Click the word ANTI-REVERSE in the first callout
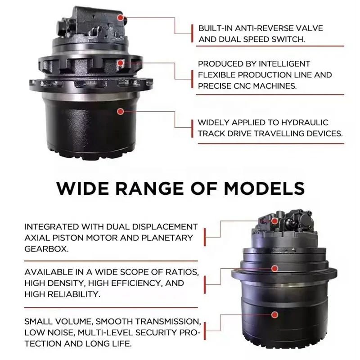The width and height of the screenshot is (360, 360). [261, 28]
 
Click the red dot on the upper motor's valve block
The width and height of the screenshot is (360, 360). [120, 18]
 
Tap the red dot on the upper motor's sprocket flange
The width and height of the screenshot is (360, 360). [120, 64]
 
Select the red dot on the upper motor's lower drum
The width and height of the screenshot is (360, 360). [120, 111]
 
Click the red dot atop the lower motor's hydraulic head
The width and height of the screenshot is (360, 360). [274, 221]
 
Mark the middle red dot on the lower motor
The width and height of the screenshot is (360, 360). [274, 268]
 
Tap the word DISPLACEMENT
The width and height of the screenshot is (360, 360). [166, 226]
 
